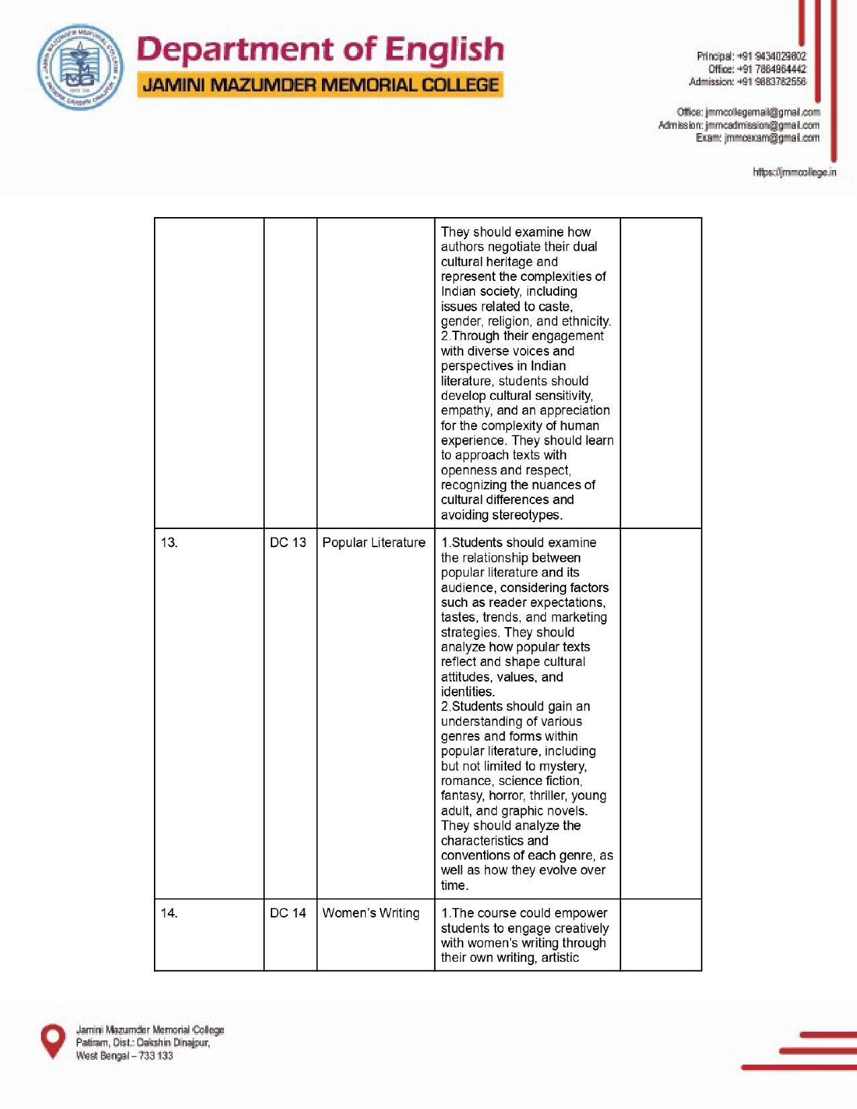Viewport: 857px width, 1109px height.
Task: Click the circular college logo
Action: coord(80,67)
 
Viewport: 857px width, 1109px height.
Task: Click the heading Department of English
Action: coord(320,50)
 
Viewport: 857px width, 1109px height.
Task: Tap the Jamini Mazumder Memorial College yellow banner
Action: coord(320,85)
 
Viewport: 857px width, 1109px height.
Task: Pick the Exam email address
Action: coord(772,138)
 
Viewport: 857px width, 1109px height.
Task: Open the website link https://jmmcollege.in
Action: coord(794,173)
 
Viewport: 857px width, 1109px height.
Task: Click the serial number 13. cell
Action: coord(169,542)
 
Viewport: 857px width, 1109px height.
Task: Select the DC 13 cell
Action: coord(288,542)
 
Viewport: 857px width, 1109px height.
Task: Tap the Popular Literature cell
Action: coord(374,542)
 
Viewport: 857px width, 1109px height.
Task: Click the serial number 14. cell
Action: coord(169,913)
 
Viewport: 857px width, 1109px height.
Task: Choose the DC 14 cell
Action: coord(288,913)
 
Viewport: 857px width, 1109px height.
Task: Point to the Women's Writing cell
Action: coord(371,913)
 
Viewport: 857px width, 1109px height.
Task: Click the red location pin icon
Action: coord(53,1040)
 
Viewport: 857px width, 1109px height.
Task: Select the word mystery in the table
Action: coord(563,766)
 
